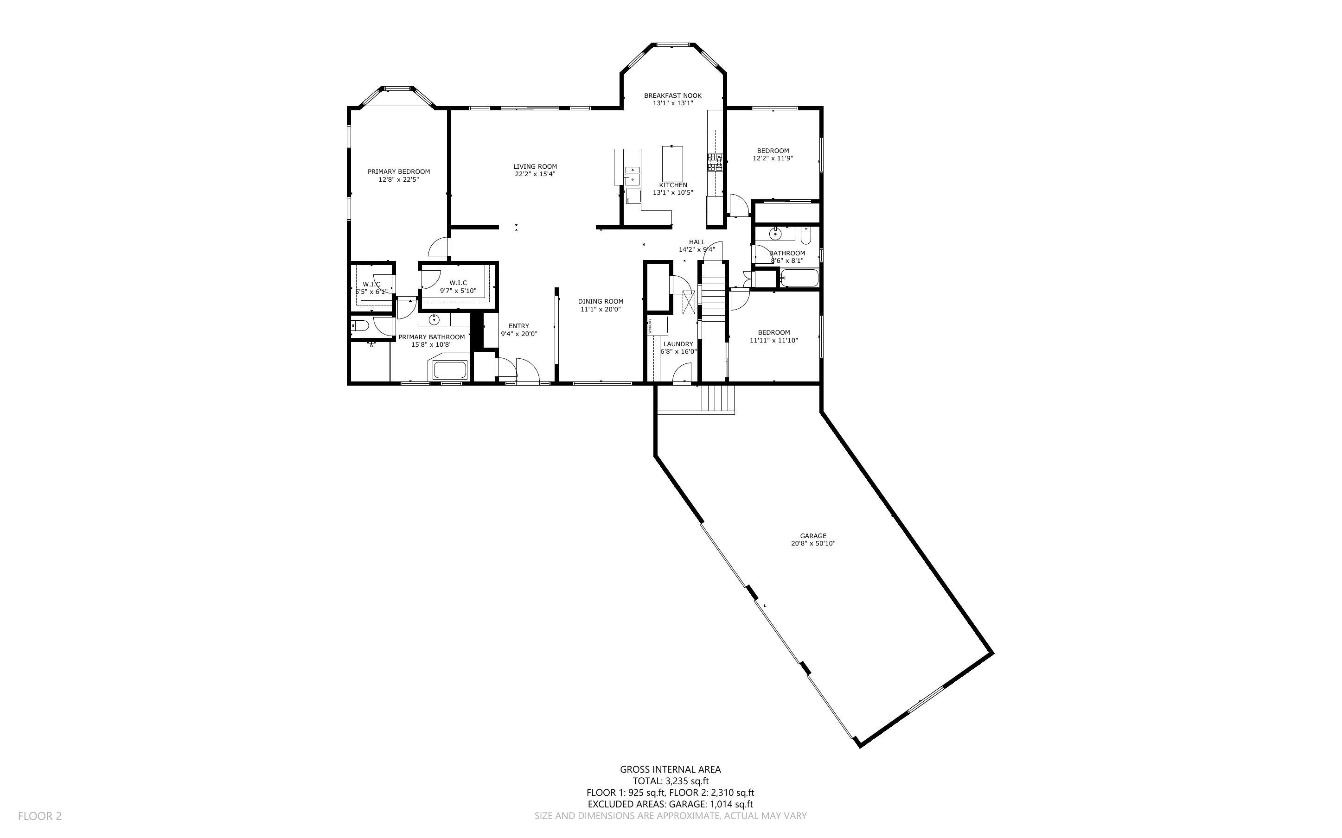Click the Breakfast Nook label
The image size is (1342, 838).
pos(672,95)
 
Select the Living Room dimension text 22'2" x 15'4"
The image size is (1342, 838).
pos(535,174)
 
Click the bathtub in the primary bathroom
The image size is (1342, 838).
pos(449,370)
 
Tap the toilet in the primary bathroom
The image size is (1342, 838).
pos(359,326)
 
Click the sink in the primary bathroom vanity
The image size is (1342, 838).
pos(434,319)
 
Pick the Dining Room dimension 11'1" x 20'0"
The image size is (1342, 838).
pos(601,309)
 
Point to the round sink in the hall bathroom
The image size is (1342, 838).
pos(774,235)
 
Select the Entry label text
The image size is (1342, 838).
pos(518,326)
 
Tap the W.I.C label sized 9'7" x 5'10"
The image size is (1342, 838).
pos(458,283)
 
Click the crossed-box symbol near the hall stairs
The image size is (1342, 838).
pos(689,303)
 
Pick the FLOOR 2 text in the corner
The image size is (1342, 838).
pos(40,816)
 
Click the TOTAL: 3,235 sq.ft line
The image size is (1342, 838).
pos(670,781)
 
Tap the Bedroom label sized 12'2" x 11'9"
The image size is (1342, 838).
pos(773,151)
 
